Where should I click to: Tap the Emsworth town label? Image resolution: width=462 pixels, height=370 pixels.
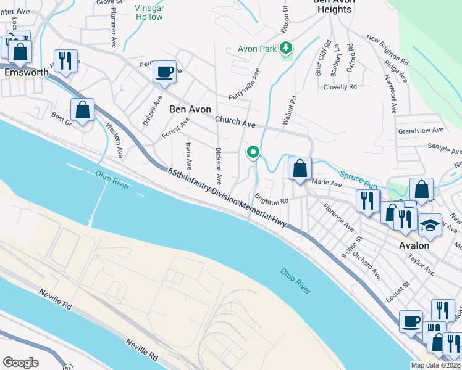(x=26, y=72)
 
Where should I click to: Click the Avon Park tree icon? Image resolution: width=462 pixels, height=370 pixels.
(x=285, y=47)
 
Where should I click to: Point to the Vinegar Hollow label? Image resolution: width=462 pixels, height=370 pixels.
(x=148, y=12)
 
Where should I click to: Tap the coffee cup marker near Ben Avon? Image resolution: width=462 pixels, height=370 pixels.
(x=165, y=72)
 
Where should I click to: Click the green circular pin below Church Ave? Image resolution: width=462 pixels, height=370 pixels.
(x=253, y=152)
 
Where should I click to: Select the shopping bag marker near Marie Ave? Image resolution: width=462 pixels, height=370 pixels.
(x=300, y=168)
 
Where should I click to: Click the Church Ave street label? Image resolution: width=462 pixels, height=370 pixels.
(x=235, y=123)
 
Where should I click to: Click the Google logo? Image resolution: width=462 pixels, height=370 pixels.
(x=20, y=363)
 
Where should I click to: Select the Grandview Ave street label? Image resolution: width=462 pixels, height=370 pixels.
(x=421, y=131)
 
